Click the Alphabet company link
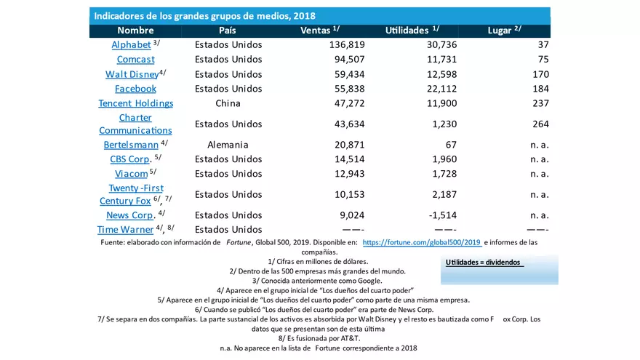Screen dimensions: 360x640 click(131, 45)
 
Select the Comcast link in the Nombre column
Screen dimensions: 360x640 click(135, 60)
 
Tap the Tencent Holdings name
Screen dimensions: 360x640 click(136, 103)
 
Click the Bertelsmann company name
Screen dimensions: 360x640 click(131, 145)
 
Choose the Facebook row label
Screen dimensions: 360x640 click(135, 89)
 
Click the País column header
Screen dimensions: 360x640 click(228, 31)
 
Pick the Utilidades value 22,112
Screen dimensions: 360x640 click(439, 89)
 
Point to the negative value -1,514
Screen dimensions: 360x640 click(440, 215)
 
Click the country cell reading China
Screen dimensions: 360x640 click(228, 103)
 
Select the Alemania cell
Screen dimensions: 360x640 click(228, 145)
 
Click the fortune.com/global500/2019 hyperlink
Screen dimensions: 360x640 click(422, 243)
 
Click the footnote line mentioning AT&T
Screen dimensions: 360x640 click(319, 338)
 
